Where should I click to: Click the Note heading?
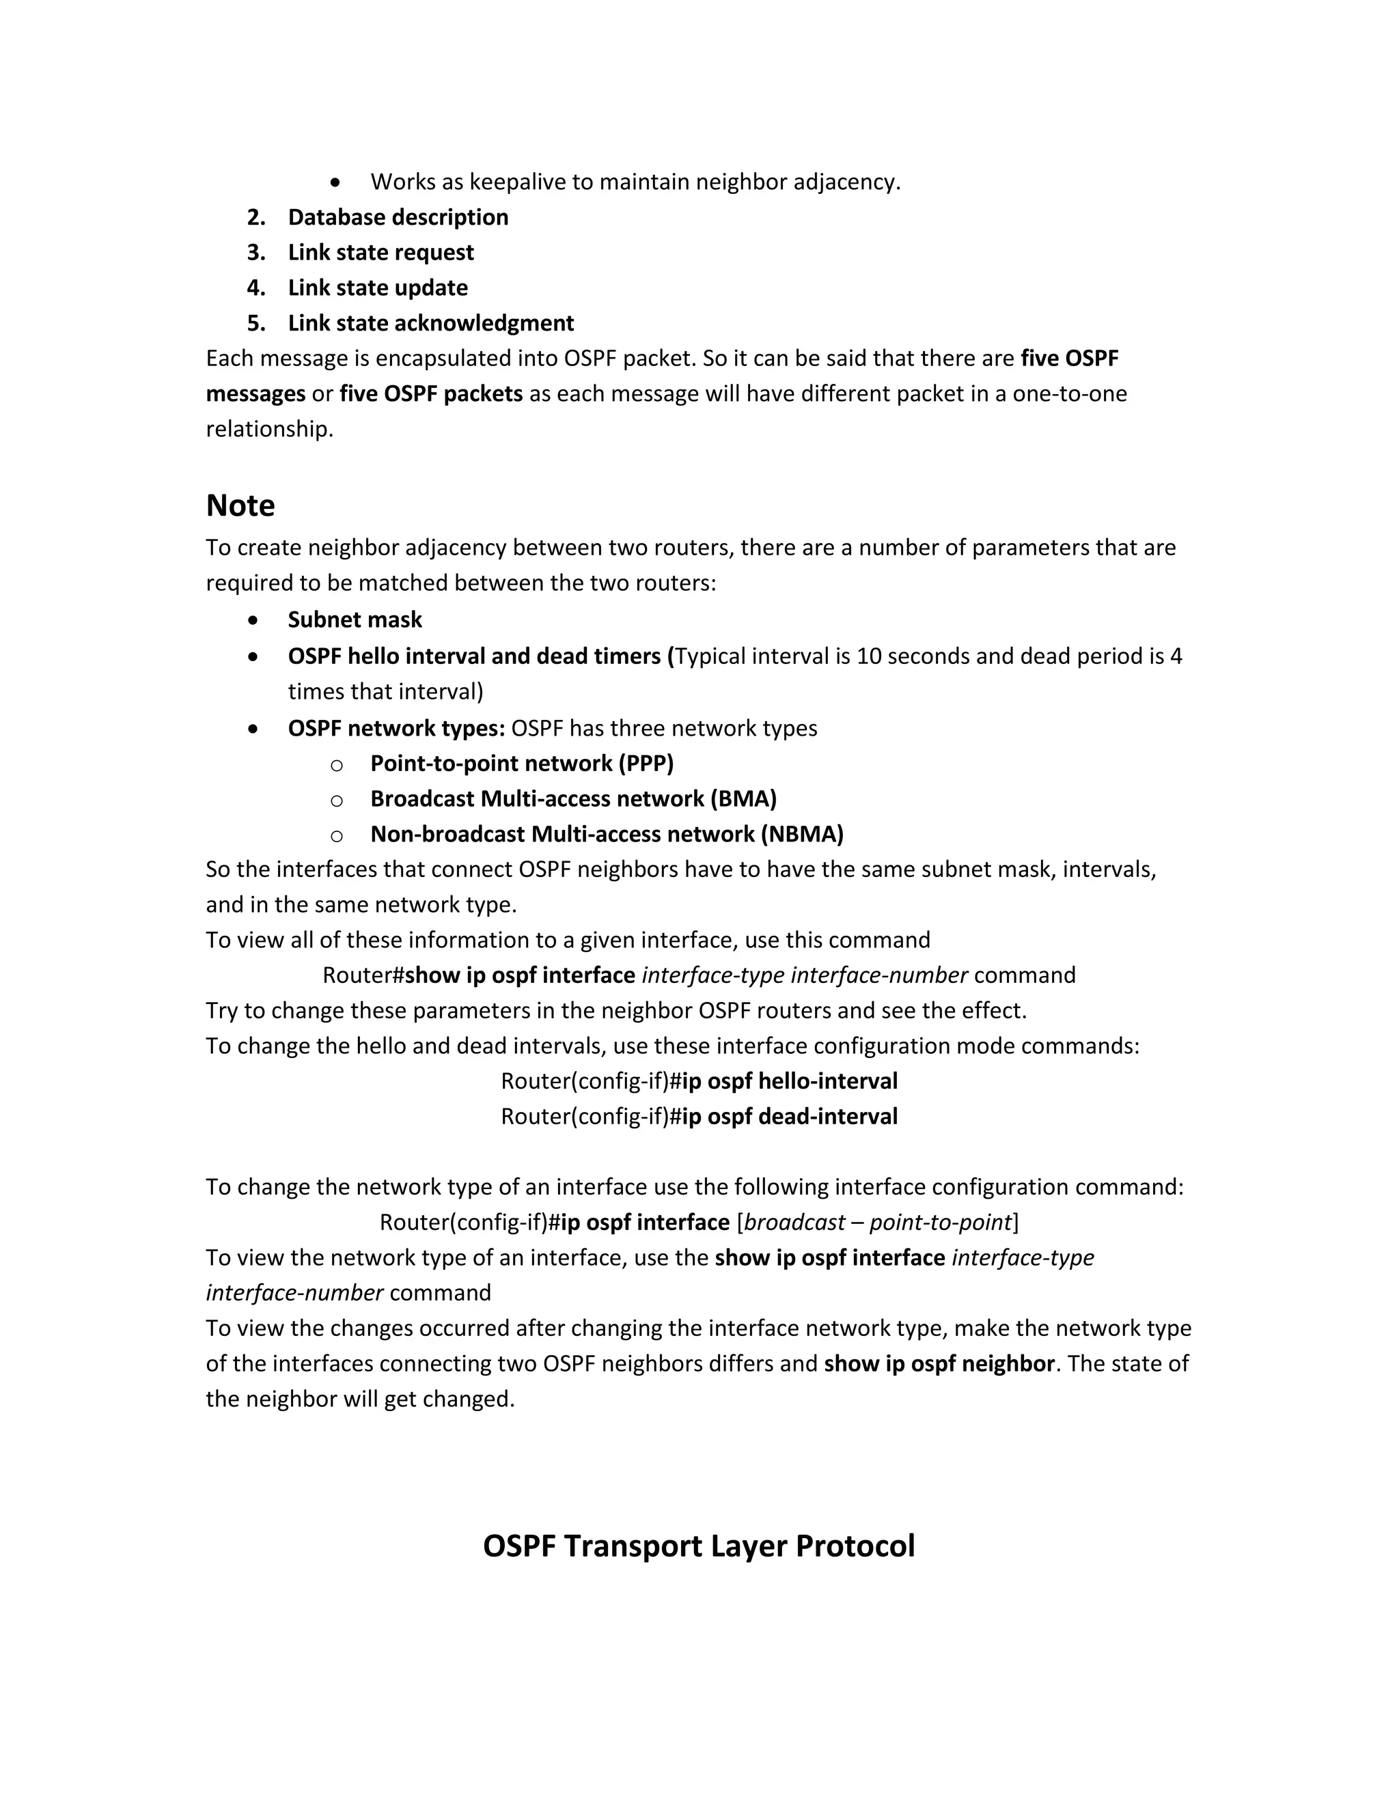click(x=240, y=505)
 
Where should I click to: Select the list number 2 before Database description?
click(x=256, y=217)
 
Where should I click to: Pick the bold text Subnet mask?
click(x=355, y=620)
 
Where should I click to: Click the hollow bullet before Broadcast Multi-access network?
click(x=337, y=800)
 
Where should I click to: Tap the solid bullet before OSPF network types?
click(x=253, y=729)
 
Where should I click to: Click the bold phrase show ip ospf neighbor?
click(x=939, y=1364)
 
